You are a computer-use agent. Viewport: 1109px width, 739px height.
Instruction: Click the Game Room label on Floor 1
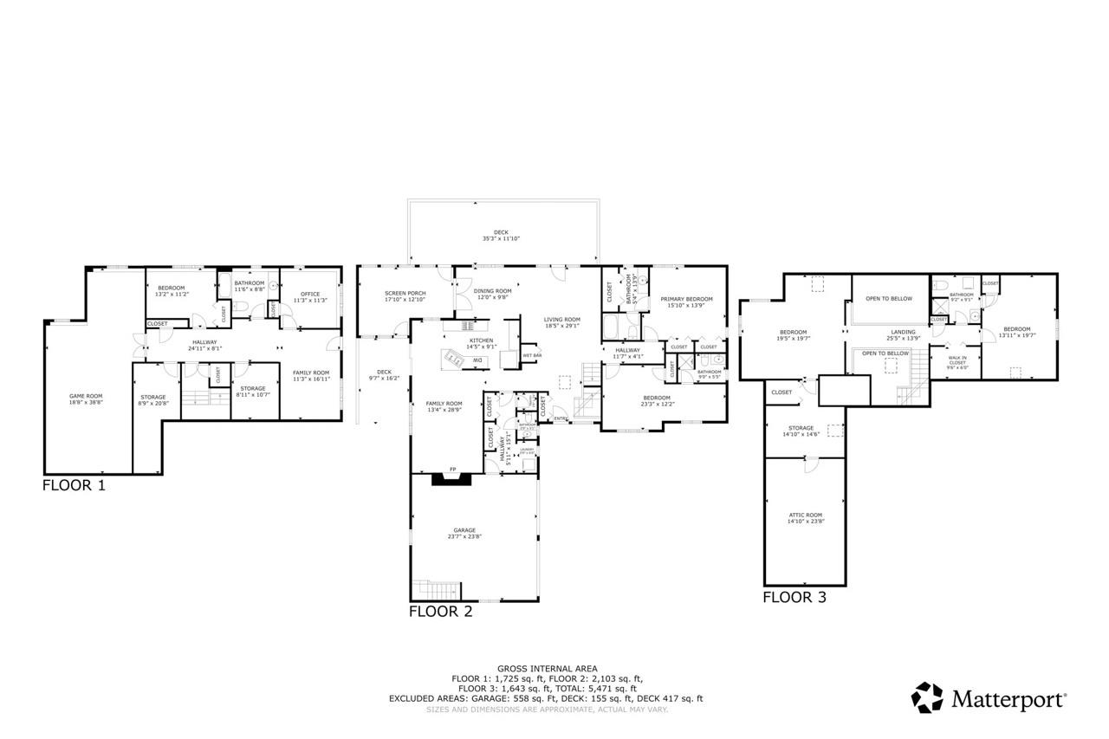point(86,397)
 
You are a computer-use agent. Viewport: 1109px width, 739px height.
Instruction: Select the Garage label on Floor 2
point(464,530)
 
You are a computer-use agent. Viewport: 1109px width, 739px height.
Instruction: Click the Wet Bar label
point(532,355)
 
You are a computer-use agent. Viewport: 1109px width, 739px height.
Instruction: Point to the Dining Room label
point(492,291)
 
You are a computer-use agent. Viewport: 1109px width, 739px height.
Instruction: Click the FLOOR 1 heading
point(74,486)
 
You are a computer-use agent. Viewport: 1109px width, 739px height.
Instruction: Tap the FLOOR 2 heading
point(440,612)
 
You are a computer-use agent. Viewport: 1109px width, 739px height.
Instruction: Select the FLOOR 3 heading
point(794,597)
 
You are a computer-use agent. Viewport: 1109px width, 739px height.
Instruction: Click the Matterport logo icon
point(927,698)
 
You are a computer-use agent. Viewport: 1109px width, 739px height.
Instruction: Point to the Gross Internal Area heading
point(546,669)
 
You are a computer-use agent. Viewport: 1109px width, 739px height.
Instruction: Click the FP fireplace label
point(451,470)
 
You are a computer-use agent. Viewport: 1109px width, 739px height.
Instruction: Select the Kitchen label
point(481,340)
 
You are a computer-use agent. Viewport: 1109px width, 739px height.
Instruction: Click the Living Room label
point(561,319)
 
